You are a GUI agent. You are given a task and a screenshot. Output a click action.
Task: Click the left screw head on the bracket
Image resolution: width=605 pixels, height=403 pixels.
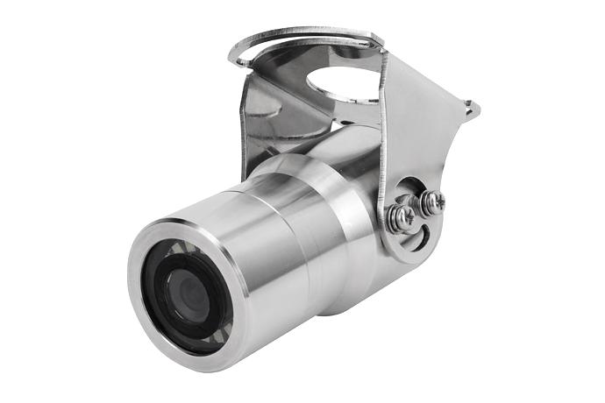[x=402, y=216]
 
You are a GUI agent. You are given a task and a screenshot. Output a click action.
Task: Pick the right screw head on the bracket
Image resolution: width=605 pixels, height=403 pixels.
[x=431, y=202]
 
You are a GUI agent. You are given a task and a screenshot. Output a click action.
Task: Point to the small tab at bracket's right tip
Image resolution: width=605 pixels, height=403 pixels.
[x=473, y=109]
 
